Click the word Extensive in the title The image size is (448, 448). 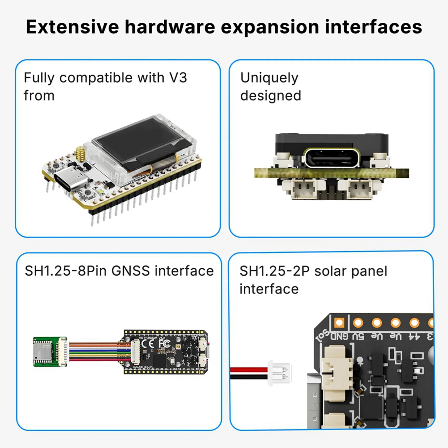[72, 27]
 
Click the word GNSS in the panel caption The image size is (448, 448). [130, 271]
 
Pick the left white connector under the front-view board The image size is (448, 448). [303, 188]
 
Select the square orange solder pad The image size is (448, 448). [339, 323]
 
